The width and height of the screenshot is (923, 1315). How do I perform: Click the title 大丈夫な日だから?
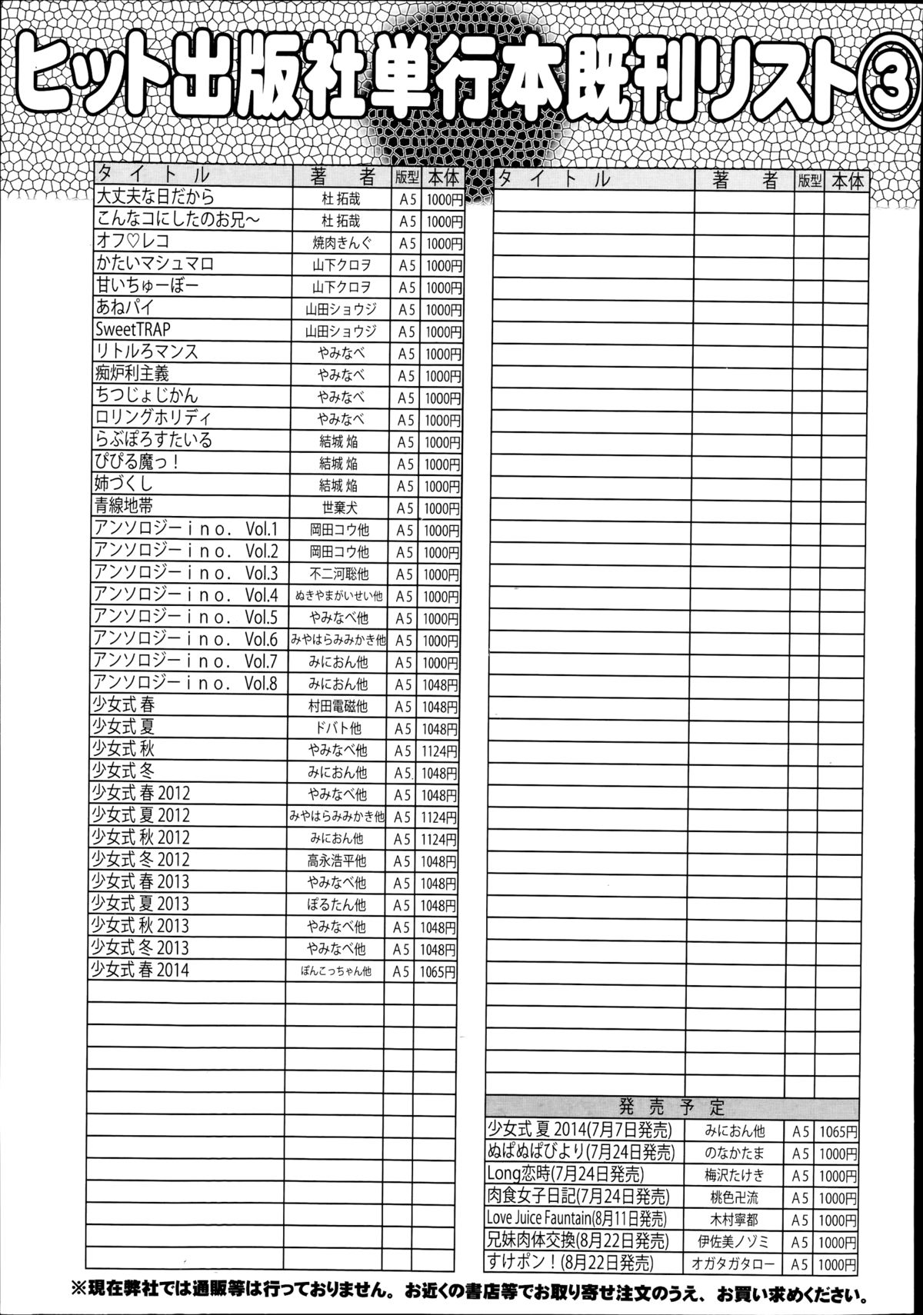[155, 198]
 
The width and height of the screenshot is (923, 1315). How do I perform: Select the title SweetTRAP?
[133, 330]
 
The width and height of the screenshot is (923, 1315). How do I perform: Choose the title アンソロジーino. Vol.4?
[185, 595]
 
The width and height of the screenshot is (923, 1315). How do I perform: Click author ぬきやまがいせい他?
[338, 596]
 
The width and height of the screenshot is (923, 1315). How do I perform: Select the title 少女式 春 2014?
[140, 970]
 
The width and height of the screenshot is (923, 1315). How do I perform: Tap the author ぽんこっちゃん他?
[336, 971]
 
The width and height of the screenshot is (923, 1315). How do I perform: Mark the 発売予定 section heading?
[672, 1107]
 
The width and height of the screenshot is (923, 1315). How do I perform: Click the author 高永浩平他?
[337, 861]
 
